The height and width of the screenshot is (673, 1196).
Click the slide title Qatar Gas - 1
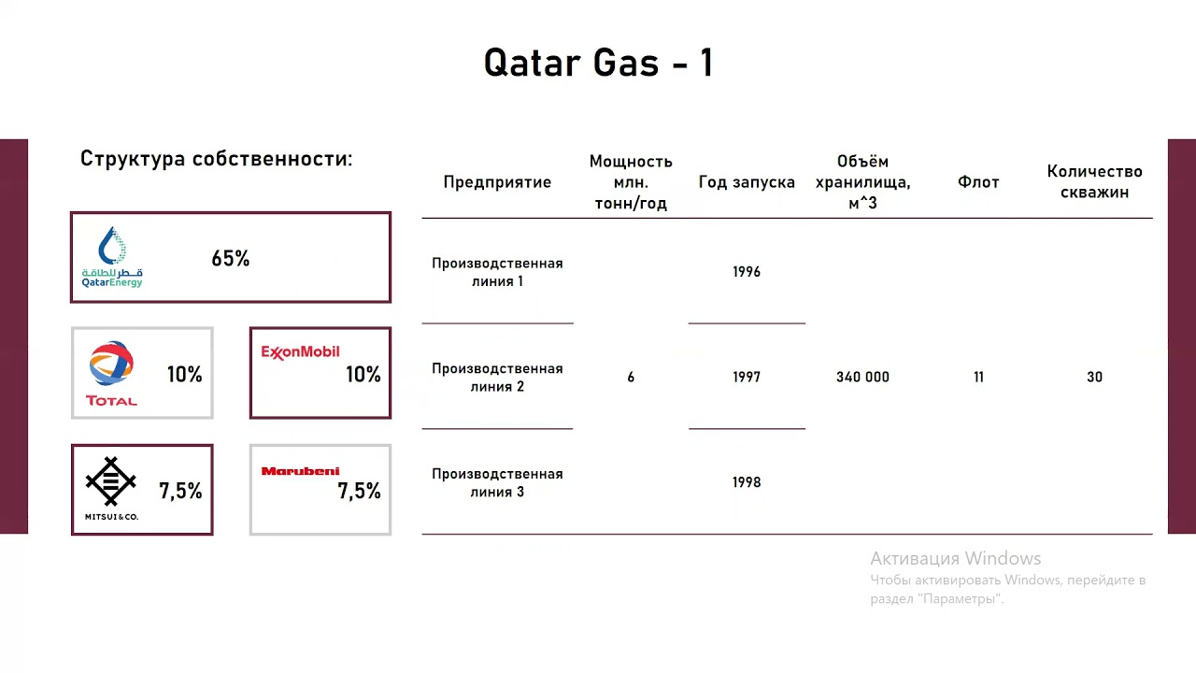(598, 64)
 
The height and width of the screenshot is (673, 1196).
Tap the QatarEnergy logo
(112, 257)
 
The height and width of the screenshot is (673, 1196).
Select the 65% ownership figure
(231, 259)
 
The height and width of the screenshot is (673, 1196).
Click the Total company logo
(111, 373)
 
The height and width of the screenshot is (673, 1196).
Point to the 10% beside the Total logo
(184, 375)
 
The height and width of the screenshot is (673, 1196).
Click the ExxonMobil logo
(300, 352)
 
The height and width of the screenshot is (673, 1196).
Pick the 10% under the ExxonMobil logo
(363, 375)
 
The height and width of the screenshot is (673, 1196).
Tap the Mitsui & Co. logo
(111, 488)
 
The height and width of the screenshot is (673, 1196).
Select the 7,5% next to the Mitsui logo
(180, 491)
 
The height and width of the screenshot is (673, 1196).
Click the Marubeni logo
(300, 471)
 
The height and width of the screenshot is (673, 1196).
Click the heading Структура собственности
(216, 159)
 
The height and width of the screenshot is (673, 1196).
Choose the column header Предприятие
(497, 182)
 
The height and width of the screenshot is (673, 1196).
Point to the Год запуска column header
(747, 182)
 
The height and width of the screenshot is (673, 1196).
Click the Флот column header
(978, 182)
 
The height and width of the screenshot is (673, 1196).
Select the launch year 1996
(747, 272)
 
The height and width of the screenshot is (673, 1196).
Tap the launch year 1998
(747, 482)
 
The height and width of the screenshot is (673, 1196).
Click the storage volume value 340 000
(862, 377)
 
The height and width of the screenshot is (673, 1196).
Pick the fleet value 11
(978, 377)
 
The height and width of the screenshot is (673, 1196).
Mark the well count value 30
(1094, 377)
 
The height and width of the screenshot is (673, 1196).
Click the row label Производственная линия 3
(497, 482)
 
